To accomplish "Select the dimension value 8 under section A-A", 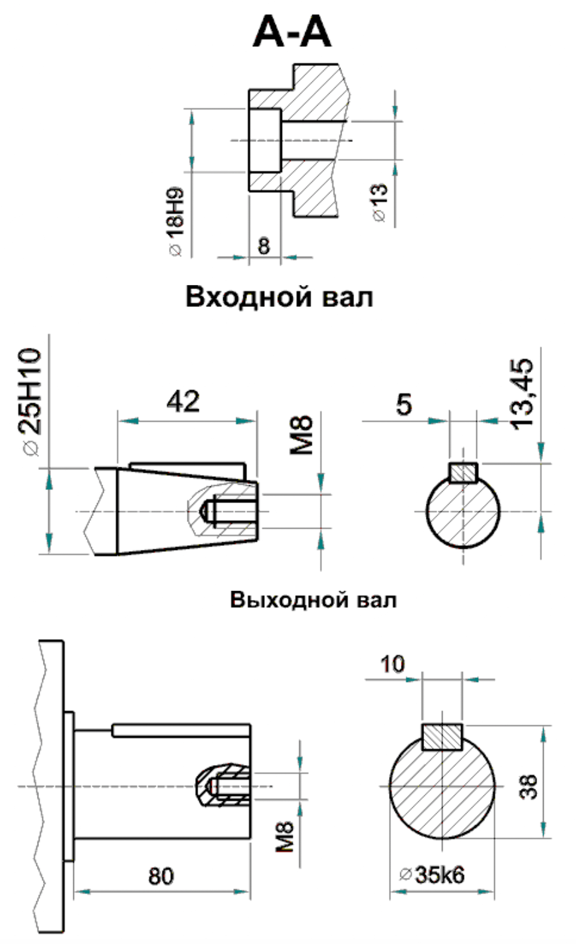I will (x=264, y=245).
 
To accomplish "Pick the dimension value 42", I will (x=183, y=401).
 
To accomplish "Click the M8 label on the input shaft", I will (x=302, y=435).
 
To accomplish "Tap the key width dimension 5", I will (x=404, y=405).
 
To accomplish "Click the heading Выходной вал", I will (x=313, y=600).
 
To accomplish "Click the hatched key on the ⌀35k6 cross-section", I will (x=442, y=737).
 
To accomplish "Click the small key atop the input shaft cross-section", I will (x=463, y=472).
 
